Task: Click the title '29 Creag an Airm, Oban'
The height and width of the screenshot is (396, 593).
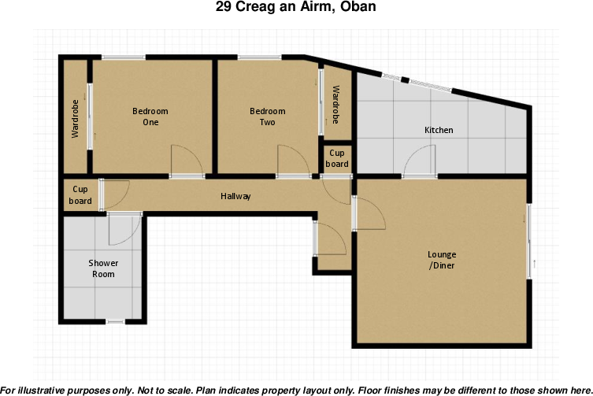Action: (x=296, y=8)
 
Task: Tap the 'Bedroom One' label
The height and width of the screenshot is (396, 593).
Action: (x=150, y=117)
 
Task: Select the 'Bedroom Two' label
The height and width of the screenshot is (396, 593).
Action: (x=267, y=117)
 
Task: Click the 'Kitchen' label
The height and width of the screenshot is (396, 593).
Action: (x=439, y=130)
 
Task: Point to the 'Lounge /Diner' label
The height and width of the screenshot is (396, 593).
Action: (x=441, y=260)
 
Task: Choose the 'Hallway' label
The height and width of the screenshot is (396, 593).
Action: (x=235, y=196)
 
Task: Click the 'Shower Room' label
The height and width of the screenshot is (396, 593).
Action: (x=103, y=268)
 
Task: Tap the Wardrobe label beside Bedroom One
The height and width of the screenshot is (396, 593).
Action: (x=76, y=119)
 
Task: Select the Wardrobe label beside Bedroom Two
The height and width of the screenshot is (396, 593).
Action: (x=335, y=105)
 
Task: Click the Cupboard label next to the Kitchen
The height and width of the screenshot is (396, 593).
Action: (x=337, y=158)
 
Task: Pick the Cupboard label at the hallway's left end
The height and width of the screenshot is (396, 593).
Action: (x=80, y=195)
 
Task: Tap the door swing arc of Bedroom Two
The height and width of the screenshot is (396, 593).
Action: (x=294, y=160)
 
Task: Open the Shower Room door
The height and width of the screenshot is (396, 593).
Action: (x=124, y=228)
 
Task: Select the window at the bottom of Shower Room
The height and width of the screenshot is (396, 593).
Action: (x=115, y=321)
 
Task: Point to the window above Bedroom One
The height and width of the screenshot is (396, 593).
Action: (x=123, y=57)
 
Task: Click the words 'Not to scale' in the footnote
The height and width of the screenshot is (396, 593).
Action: (x=164, y=390)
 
